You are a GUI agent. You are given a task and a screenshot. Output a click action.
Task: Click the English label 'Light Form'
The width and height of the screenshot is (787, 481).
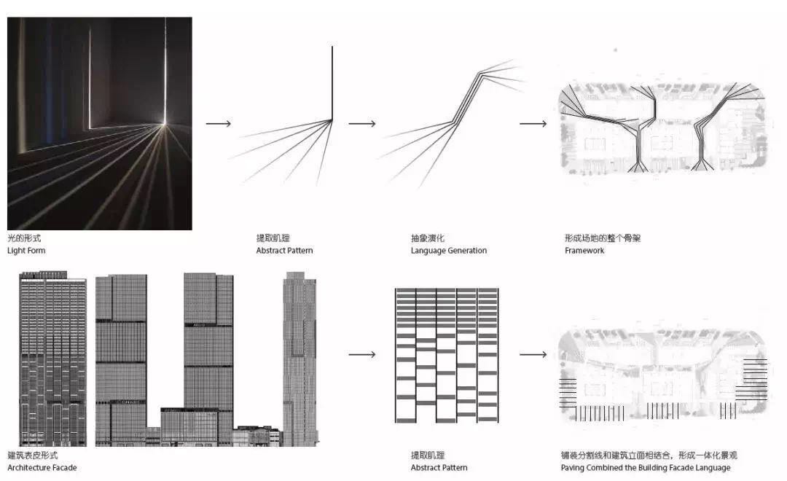[26, 251]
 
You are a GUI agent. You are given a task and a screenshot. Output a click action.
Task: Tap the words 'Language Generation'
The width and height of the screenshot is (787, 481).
[448, 251]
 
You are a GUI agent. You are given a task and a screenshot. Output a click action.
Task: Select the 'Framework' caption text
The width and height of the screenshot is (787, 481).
[584, 251]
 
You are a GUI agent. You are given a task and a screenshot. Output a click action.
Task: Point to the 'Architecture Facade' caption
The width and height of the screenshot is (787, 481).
[42, 468]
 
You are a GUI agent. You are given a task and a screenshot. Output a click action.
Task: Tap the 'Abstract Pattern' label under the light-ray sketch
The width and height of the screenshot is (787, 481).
[284, 251]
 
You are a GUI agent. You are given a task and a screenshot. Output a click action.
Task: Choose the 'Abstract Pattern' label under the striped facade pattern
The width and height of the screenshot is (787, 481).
[439, 468]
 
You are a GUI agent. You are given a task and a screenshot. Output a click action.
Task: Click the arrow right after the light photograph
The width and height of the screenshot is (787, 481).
[218, 124]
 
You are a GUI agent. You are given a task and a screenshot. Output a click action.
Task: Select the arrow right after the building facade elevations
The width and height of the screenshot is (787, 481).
[361, 355]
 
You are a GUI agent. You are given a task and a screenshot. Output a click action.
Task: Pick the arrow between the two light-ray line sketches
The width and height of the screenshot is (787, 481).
[361, 124]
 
